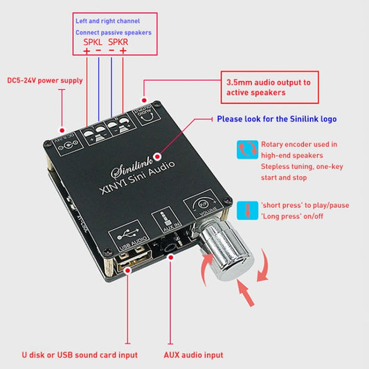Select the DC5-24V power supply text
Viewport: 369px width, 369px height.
[x=44, y=80]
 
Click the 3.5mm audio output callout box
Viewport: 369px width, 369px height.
[x=269, y=87]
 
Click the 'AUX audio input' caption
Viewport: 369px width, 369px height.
[x=193, y=354]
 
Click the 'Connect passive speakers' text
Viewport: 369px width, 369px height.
[x=113, y=33]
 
